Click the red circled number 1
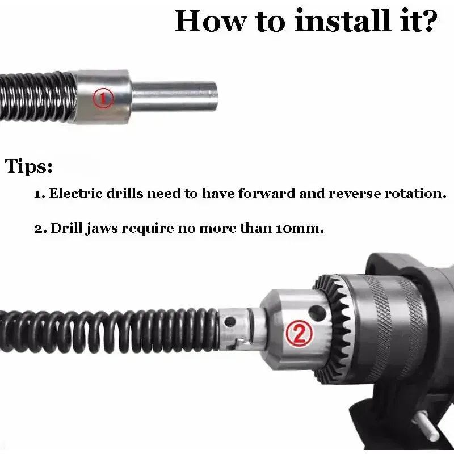coord(103,98)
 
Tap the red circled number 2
coord(299,334)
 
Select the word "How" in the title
coord(211,21)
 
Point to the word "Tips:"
coord(29,166)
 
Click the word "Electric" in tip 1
coord(76,193)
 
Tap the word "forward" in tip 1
coord(267,193)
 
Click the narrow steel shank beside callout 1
coord(174,96)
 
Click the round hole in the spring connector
coord(230,322)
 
